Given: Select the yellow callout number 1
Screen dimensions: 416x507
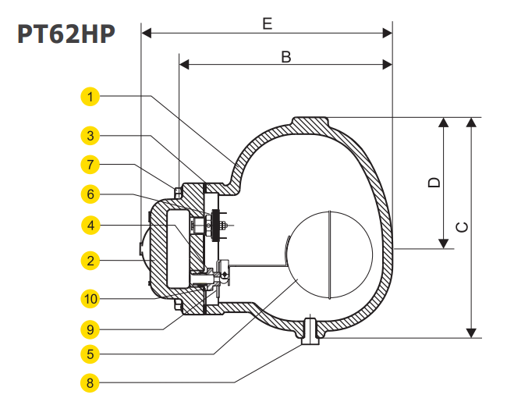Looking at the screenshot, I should pos(91,97).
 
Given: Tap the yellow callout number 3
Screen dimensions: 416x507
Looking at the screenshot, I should pos(91,135).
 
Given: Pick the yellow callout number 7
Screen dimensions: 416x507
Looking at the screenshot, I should pos(91,165).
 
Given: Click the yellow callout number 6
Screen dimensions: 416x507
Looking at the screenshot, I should pos(91,193).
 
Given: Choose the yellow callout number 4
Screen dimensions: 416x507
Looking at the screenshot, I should pos(91,226).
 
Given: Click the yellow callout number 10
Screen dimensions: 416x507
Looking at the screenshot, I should pos(91,297).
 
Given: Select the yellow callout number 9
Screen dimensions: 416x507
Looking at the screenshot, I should pos(91,326).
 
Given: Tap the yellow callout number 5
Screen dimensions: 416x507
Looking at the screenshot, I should pos(91,354).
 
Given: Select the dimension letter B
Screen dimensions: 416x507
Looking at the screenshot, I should pos(285,56).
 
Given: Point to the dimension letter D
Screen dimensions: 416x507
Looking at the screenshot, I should pos(434,182).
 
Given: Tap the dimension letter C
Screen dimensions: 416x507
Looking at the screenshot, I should pos(462,227).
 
